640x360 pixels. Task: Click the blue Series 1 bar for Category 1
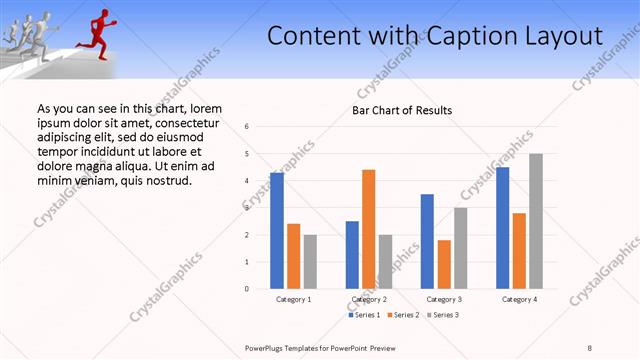[277, 231]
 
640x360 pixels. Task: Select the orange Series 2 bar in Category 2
[368, 229]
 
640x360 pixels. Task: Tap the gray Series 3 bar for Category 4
[536, 221]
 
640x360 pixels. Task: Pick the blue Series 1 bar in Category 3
[427, 241]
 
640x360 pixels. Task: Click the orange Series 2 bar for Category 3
[444, 264]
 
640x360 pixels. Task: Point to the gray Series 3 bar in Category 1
[310, 262]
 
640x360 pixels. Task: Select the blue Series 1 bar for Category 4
[502, 228]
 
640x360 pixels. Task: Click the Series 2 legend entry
[402, 315]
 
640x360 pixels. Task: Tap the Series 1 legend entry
[364, 315]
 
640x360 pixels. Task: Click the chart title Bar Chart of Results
[402, 110]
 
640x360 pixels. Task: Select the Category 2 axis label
[369, 299]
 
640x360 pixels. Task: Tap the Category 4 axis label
[519, 299]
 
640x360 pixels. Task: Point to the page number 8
[589, 347]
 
